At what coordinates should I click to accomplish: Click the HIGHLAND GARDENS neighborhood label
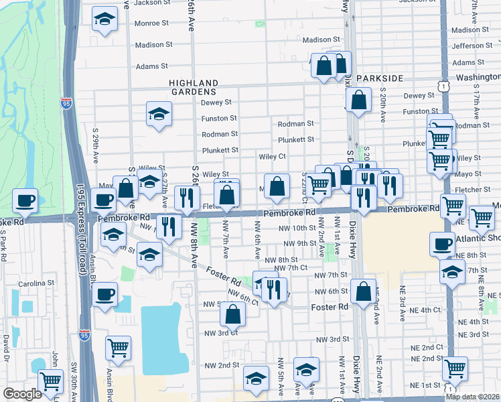click(x=192, y=86)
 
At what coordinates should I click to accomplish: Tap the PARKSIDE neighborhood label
click(x=380, y=78)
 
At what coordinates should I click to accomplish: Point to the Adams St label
click(x=152, y=66)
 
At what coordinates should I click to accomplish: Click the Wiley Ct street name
click(x=273, y=157)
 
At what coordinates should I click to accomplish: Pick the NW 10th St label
click(x=297, y=228)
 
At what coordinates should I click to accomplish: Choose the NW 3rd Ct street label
click(x=221, y=333)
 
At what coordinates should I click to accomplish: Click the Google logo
click(x=23, y=394)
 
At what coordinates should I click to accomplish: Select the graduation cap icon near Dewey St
click(x=159, y=114)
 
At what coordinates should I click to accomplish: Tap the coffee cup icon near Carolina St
click(x=104, y=295)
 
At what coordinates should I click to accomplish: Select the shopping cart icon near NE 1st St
click(x=455, y=367)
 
